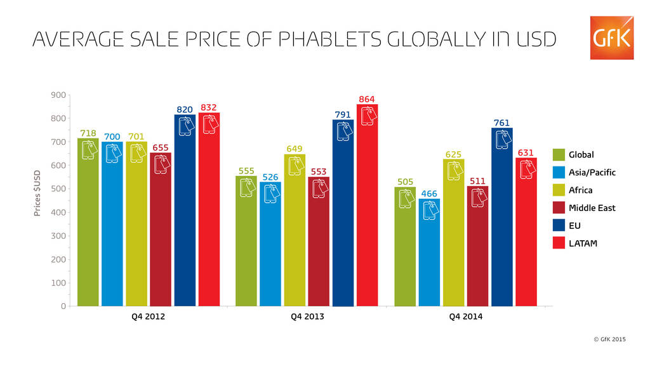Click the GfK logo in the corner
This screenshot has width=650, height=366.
tap(611, 38)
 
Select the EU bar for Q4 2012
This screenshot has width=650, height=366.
tap(185, 210)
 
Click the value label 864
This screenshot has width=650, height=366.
tap(367, 99)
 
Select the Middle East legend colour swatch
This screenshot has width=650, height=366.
tap(559, 208)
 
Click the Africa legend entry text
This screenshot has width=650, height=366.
tap(580, 190)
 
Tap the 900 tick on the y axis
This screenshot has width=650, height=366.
tap(58, 95)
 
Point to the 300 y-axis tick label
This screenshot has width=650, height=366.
tap(58, 236)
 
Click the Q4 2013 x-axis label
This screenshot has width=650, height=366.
tap(307, 317)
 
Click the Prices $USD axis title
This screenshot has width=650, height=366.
tap(37, 193)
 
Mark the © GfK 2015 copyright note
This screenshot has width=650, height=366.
tap(609, 339)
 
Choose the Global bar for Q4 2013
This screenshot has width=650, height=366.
tap(246, 241)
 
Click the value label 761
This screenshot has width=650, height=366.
tap(502, 122)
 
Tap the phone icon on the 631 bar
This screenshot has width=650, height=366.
tap(526, 170)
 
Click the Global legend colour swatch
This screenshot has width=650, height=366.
tap(559, 154)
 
